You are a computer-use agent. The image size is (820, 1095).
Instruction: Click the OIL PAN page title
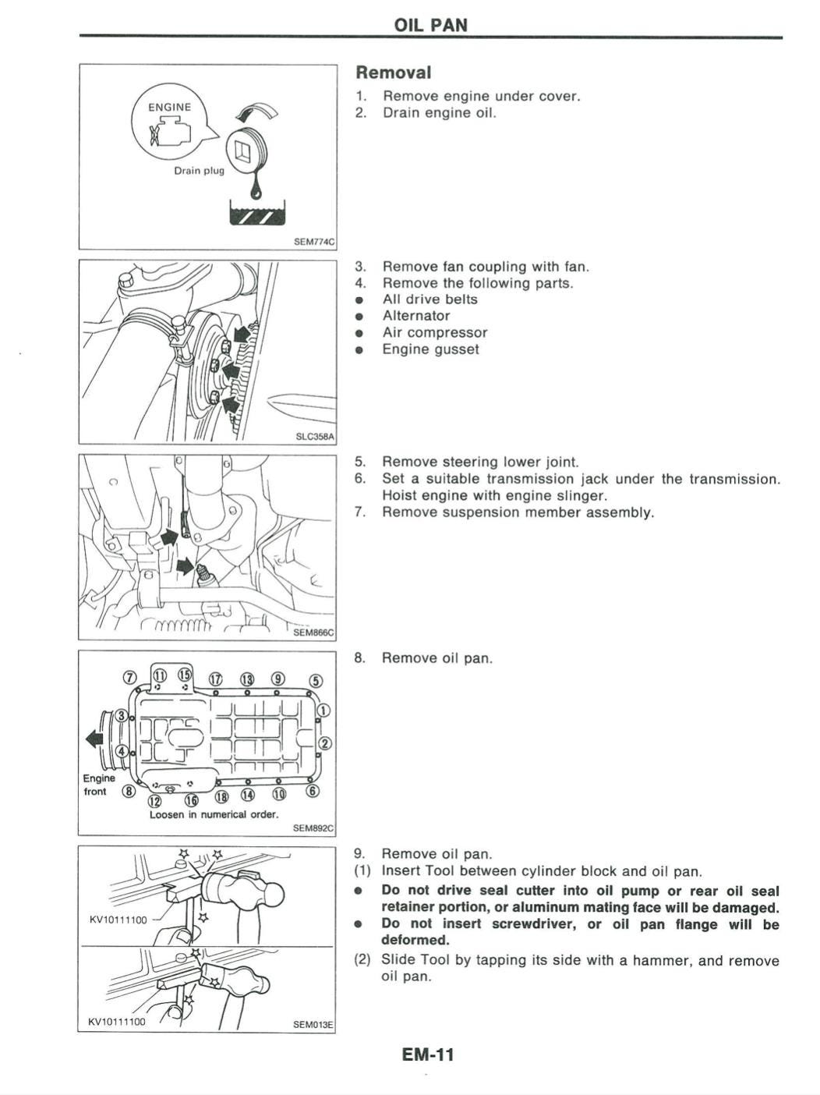coord(431,24)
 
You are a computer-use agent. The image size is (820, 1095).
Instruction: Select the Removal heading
coord(393,73)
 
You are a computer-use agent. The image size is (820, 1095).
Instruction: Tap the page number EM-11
coord(427,1055)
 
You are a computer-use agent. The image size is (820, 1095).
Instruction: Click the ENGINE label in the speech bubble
coord(170,107)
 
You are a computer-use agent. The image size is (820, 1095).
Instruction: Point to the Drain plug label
coord(198,170)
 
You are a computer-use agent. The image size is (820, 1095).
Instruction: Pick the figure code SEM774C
coord(313,242)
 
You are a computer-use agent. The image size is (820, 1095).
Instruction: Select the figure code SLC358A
coord(315,437)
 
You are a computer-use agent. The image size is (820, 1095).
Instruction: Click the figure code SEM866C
coord(313,633)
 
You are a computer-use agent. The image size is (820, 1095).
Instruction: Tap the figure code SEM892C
coord(313,828)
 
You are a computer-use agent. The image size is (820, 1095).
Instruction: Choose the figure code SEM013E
coord(313,1024)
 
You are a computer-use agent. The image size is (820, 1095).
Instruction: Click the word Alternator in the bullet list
coord(416,316)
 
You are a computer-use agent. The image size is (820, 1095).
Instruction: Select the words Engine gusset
coord(430,349)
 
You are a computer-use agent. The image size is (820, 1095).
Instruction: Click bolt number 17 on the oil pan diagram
coord(216,680)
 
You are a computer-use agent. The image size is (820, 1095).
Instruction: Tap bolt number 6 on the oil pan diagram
coord(313,791)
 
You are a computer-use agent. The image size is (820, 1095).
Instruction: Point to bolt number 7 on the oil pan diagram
coord(130,676)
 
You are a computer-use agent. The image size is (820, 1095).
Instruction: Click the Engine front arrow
coord(94,738)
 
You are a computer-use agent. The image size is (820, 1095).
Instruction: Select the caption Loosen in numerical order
coord(214,814)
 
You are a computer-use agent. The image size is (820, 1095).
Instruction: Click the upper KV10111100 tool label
coord(118,920)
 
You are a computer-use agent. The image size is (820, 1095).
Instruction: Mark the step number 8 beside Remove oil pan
coord(359,658)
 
